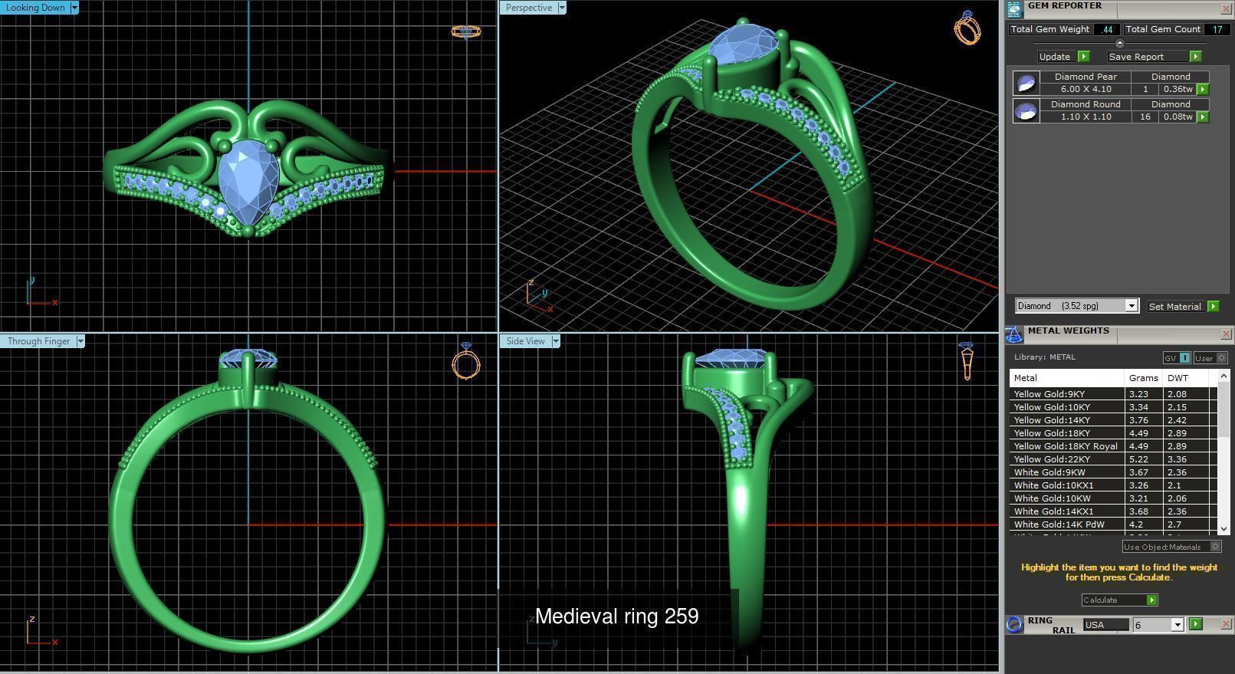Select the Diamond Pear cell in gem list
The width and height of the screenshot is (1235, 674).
[1085, 77]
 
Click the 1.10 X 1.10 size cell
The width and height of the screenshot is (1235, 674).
[1085, 117]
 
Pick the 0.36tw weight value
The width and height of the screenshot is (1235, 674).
[1177, 89]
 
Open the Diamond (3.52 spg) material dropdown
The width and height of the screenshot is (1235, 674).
[1131, 306]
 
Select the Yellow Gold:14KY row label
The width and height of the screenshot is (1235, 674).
[1051, 420]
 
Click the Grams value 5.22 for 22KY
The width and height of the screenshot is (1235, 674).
[1138, 459]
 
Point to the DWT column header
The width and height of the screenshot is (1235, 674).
[1178, 378]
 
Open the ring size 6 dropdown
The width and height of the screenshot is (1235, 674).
[1178, 625]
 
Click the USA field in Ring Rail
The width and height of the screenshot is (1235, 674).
[1105, 625]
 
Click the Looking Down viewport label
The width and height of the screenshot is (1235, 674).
[35, 8]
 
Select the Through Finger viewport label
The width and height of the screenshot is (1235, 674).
[38, 341]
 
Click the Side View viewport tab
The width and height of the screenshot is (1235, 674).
[525, 341]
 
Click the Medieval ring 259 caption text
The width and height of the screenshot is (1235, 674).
[616, 616]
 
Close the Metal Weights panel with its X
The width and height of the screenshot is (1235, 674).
[1225, 334]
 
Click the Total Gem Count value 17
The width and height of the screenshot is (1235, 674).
[1217, 29]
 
